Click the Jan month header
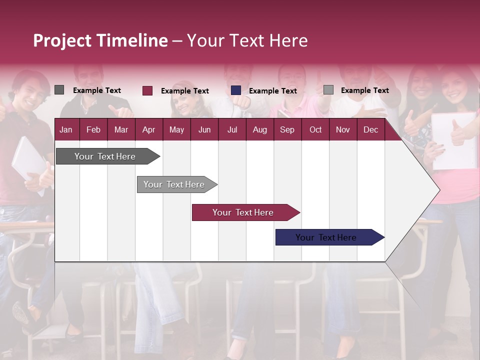coord(66,130)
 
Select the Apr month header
coord(148,130)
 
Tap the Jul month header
coord(232,130)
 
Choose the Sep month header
coord(287,130)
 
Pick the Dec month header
coord(370,130)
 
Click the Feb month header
coord(93,130)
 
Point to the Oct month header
coord(315,130)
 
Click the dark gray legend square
coord(59,90)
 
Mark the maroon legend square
coord(147,90)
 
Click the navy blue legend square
coord(236,90)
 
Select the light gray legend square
coord(328,90)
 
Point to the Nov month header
coord(343,130)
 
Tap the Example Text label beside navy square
coord(273,91)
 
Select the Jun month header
coord(204,130)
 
